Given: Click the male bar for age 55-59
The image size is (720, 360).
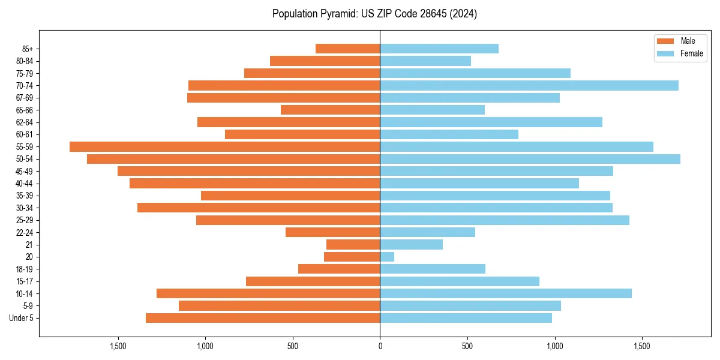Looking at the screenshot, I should pyautogui.click(x=224, y=146).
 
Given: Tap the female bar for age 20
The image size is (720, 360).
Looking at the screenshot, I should pyautogui.click(x=387, y=257).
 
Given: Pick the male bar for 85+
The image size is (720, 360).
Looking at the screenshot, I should pyautogui.click(x=347, y=49).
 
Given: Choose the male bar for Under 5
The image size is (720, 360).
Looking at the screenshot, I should pyautogui.click(x=263, y=318).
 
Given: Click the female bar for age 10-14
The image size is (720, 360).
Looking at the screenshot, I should pyautogui.click(x=506, y=293).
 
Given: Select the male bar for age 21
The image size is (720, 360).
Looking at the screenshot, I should pyautogui.click(x=353, y=244).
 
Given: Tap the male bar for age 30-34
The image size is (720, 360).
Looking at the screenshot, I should pyautogui.click(x=259, y=208).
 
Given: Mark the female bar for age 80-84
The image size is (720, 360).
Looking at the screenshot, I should pyautogui.click(x=425, y=61).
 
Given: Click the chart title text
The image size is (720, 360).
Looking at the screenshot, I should pyautogui.click(x=374, y=14).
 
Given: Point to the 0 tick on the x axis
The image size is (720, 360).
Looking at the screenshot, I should pyautogui.click(x=380, y=347).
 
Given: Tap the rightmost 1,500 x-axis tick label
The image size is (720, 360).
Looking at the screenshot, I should pyautogui.click(x=642, y=347).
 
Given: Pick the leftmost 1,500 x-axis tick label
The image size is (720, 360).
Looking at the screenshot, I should pyautogui.click(x=118, y=347).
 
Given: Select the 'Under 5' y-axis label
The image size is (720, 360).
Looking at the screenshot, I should pyautogui.click(x=21, y=318).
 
